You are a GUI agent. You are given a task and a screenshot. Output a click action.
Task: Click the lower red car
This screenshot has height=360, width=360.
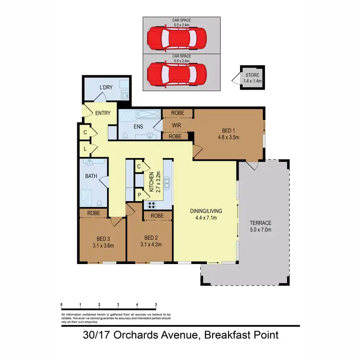[177, 74]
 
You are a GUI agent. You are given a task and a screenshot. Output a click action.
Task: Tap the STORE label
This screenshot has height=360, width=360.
[252, 75]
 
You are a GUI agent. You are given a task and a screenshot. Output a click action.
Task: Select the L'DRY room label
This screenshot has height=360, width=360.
[106, 88]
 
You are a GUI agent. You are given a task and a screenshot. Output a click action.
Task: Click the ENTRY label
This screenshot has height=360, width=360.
[103, 113]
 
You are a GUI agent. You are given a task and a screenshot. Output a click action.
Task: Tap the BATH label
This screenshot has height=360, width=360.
[91, 176]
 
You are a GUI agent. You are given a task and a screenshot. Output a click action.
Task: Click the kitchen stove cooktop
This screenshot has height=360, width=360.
[151, 204]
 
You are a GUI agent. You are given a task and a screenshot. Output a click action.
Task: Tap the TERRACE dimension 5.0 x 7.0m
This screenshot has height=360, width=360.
[260, 230]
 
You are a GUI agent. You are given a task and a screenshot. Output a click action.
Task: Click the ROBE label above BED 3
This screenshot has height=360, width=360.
[94, 212]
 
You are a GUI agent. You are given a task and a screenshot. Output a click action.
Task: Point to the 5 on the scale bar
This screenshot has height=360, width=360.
[156, 305]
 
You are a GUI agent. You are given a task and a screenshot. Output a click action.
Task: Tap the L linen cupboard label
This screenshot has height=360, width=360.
[84, 149]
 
